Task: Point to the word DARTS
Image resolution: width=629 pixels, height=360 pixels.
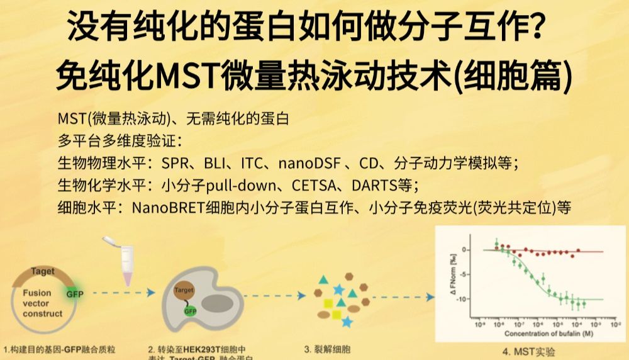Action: click(374, 186)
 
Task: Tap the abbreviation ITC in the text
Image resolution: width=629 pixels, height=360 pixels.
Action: click(252, 164)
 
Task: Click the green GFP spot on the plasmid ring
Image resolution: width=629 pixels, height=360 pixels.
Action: click(75, 293)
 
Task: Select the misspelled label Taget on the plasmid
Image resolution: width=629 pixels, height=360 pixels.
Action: click(43, 272)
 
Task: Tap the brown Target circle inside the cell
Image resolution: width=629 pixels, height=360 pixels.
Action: click(184, 291)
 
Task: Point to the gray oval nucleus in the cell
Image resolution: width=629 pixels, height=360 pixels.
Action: click(216, 302)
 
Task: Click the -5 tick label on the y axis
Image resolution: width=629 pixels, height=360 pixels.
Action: click(465, 274)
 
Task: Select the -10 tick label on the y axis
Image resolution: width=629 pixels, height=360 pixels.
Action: click(464, 299)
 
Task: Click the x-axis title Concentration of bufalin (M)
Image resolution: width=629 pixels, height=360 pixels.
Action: click(542, 334)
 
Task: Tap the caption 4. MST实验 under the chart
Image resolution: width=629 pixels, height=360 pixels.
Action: click(530, 352)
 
